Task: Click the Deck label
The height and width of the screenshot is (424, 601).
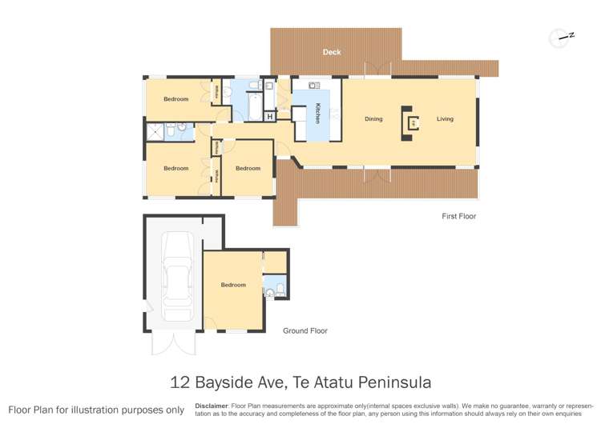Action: (x=332, y=52)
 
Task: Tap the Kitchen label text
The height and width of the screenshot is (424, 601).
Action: (x=318, y=113)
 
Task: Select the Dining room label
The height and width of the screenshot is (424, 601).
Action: (x=373, y=119)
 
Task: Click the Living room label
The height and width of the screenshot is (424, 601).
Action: (x=445, y=119)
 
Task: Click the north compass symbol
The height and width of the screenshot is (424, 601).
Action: (x=559, y=37)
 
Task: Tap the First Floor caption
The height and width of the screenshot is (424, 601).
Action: (x=459, y=216)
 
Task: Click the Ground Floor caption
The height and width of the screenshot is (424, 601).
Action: (x=305, y=330)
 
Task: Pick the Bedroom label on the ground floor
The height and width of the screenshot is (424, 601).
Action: (x=233, y=285)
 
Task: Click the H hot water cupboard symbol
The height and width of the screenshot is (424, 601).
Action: (x=270, y=118)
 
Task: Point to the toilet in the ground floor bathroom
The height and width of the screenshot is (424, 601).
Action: (x=271, y=294)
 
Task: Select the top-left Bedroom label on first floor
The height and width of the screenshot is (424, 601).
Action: (x=176, y=99)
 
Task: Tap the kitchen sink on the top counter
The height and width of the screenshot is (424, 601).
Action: (x=313, y=85)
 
